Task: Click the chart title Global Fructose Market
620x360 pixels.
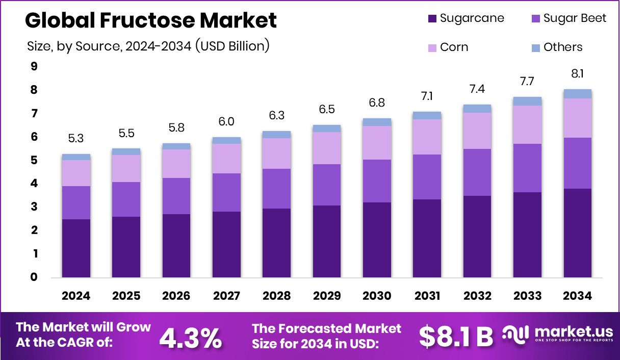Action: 151,20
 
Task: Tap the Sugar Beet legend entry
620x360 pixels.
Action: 568,18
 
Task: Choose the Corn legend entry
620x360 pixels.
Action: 447,47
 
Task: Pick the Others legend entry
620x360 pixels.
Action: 556,47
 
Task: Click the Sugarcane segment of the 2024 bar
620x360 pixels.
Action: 76,248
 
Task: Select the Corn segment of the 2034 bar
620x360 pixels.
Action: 578,118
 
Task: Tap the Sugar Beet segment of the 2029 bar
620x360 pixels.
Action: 327,185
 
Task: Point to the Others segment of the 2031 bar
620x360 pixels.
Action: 427,115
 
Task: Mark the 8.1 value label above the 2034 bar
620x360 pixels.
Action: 578,74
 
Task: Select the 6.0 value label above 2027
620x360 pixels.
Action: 227,122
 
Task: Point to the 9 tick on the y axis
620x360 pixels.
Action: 34,66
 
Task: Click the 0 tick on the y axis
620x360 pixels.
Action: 34,277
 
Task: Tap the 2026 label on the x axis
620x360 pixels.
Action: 176,296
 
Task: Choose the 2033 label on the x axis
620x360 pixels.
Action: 528,296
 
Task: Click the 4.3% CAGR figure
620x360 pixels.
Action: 191,337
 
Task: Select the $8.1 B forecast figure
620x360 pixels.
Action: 456,336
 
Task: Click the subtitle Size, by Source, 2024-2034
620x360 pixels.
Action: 148,46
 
